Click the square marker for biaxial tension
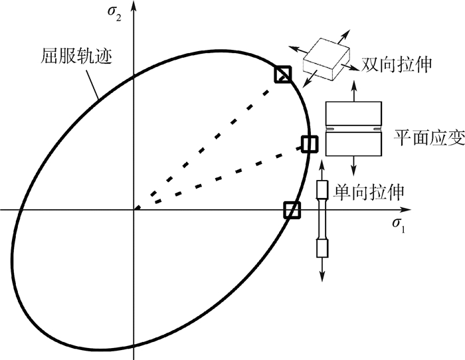283,75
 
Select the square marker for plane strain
310,143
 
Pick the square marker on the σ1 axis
292,210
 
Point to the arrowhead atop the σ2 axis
134,6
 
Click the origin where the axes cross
134,210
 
